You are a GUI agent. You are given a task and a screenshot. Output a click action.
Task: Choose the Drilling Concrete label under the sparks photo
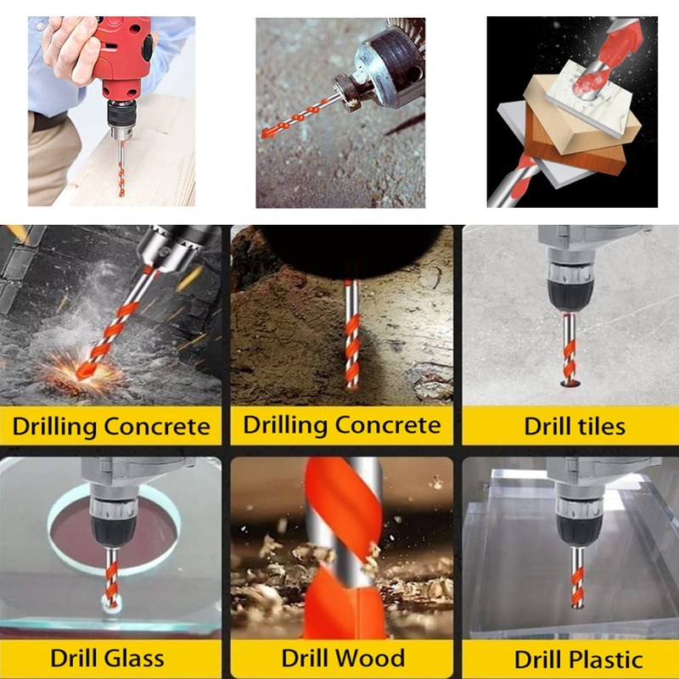(x=111, y=425)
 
